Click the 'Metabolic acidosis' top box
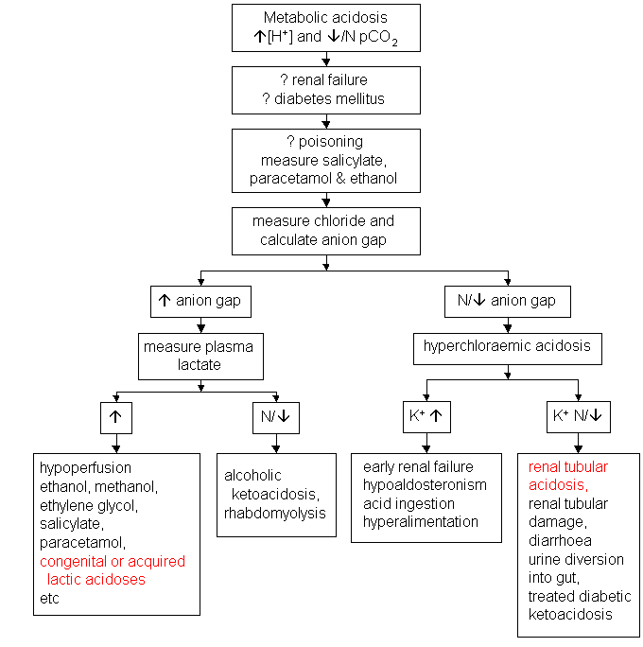[325, 28]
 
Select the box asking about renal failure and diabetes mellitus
[325, 90]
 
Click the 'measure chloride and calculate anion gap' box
[325, 230]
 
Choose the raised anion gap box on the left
[199, 302]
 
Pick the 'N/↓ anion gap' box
[508, 302]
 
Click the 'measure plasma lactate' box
[198, 356]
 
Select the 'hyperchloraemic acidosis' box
[508, 347]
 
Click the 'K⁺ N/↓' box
[578, 417]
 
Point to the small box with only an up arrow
[116, 417]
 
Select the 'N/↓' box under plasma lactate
[275, 417]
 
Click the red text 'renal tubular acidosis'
[568, 476]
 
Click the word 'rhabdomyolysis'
[275, 513]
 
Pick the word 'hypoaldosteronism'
[425, 485]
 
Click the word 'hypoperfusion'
[86, 467]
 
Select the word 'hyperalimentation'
[421, 522]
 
